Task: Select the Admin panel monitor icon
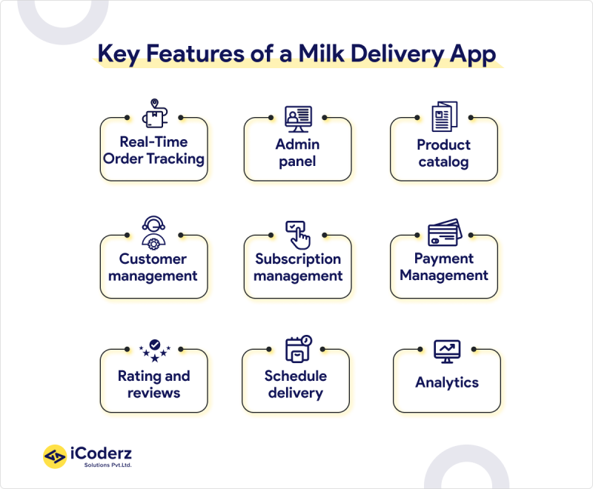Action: [298, 117]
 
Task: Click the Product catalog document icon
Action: [445, 116]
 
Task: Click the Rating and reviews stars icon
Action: [154, 348]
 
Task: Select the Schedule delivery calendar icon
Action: [298, 350]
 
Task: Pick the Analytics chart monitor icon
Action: [447, 350]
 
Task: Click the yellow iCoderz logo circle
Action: [55, 456]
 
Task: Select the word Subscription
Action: [298, 259]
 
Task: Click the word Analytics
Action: [447, 382]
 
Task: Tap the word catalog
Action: [443, 162]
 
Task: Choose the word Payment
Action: [444, 259]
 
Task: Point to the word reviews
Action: [153, 393]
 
